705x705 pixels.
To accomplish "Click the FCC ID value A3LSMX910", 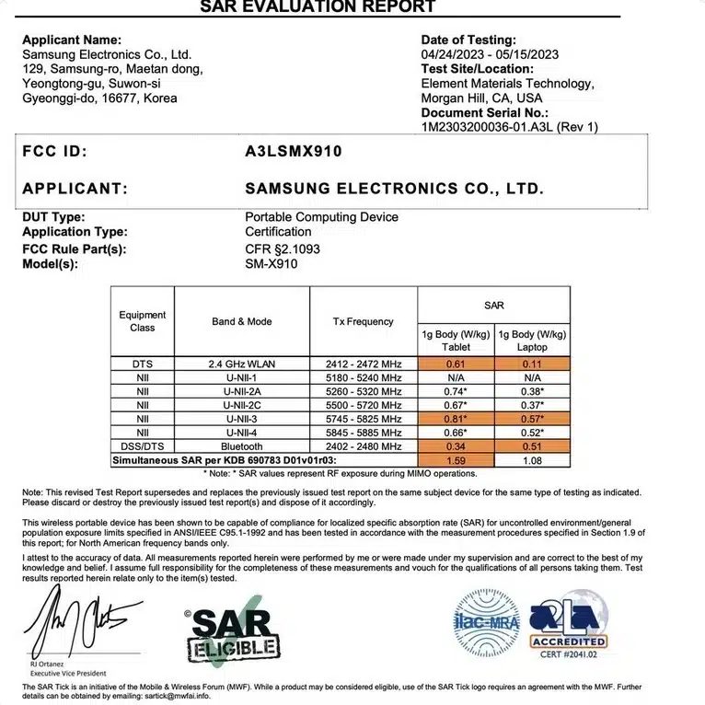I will tap(293, 152).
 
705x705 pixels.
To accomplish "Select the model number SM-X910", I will tap(271, 264).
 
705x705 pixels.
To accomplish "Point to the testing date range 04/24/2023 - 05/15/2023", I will tap(489, 54).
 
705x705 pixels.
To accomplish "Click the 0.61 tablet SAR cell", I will tap(456, 364).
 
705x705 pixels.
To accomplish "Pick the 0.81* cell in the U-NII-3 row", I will tap(456, 419).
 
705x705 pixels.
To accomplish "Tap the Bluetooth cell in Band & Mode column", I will tap(241, 445).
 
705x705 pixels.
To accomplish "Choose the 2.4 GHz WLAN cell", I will tap(241, 364).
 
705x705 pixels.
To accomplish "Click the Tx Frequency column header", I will tap(363, 321).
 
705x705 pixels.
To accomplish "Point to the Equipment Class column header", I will tap(143, 321).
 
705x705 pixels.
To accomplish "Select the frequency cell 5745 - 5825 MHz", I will tap(363, 419).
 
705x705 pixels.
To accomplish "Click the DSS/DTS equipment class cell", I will tap(143, 445).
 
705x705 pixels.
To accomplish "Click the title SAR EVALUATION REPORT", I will tap(318, 7).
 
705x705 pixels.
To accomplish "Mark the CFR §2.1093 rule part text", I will tap(283, 249).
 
